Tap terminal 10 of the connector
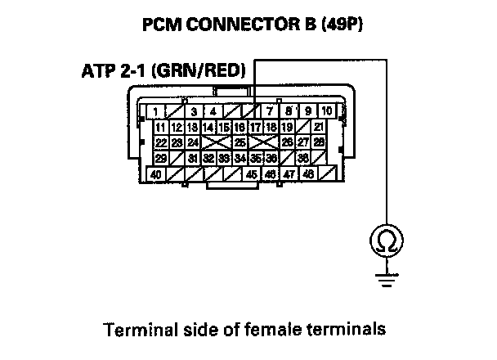tap(326, 110)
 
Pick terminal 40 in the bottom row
tap(155, 173)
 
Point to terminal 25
tap(240, 142)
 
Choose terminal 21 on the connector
tap(318, 127)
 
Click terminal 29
tap(160, 158)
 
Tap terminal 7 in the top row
tap(271, 110)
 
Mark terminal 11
tap(160, 127)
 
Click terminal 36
tap(271, 158)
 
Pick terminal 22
tap(160, 142)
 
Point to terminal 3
tap(194, 110)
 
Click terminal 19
tap(287, 127)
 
